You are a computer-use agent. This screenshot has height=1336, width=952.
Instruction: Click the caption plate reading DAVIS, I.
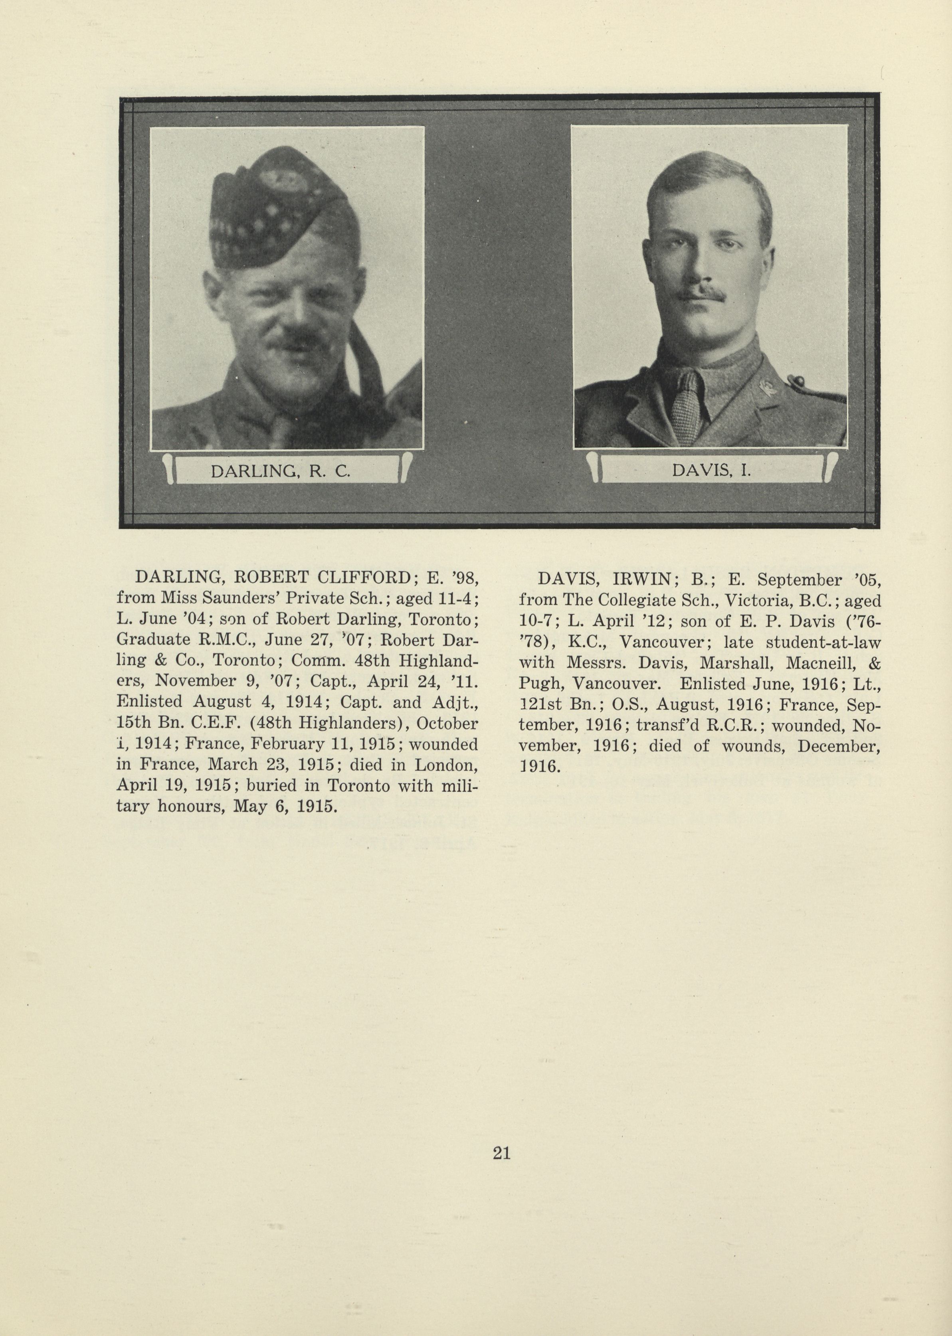[x=711, y=470]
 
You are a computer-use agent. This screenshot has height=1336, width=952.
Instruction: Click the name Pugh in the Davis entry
[x=540, y=684]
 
